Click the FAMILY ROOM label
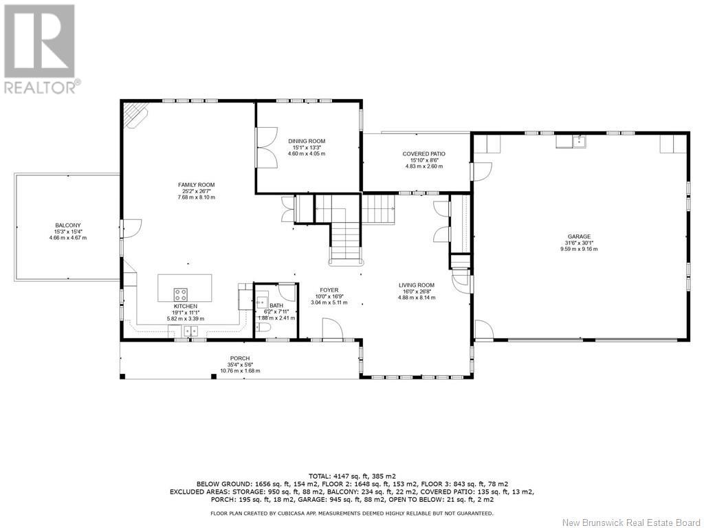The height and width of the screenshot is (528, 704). [x=196, y=184]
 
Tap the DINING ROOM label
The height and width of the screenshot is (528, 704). [x=307, y=141]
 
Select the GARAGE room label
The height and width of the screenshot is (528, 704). [x=579, y=236]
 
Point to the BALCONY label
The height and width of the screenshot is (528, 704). [x=68, y=225]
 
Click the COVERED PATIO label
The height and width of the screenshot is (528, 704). [x=423, y=154]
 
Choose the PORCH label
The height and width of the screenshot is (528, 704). [x=240, y=358]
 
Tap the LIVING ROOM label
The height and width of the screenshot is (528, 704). [x=417, y=285]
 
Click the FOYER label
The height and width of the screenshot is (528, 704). [x=329, y=290]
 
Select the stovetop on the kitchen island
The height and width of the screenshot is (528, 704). [x=181, y=294]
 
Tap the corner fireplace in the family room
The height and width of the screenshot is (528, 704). [x=136, y=115]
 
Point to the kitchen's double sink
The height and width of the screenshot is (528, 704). [x=190, y=331]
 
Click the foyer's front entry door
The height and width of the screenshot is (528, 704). [x=333, y=329]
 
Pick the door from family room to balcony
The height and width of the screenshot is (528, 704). [x=131, y=228]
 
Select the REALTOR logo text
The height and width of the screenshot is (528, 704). [x=43, y=87]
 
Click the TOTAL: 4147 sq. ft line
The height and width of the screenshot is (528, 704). [x=352, y=476]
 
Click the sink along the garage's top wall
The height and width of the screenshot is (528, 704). [x=579, y=142]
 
